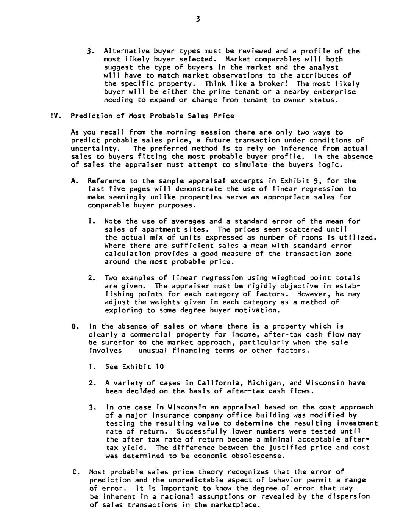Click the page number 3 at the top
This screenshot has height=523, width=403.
tap(198, 19)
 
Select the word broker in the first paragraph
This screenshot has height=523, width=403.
tap(276, 84)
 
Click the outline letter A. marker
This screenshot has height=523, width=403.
tap(75, 181)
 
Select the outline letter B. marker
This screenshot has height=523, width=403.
tap(75, 326)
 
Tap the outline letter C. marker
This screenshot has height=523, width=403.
tap(75, 472)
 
